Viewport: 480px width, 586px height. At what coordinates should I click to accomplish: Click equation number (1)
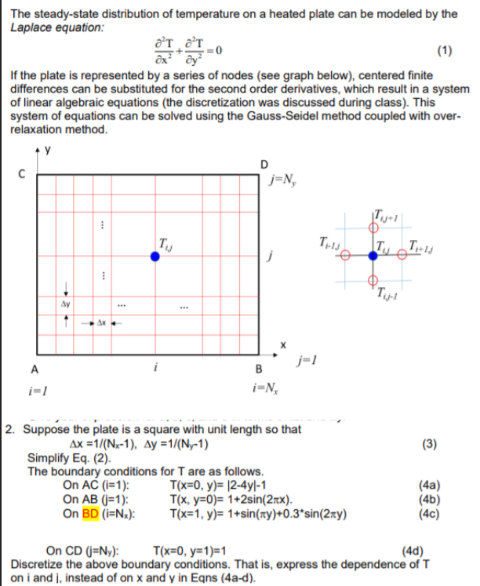[x=444, y=52]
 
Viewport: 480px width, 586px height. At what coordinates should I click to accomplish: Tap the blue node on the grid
[x=155, y=256]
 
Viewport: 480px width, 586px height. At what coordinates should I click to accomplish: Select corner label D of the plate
[x=264, y=164]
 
